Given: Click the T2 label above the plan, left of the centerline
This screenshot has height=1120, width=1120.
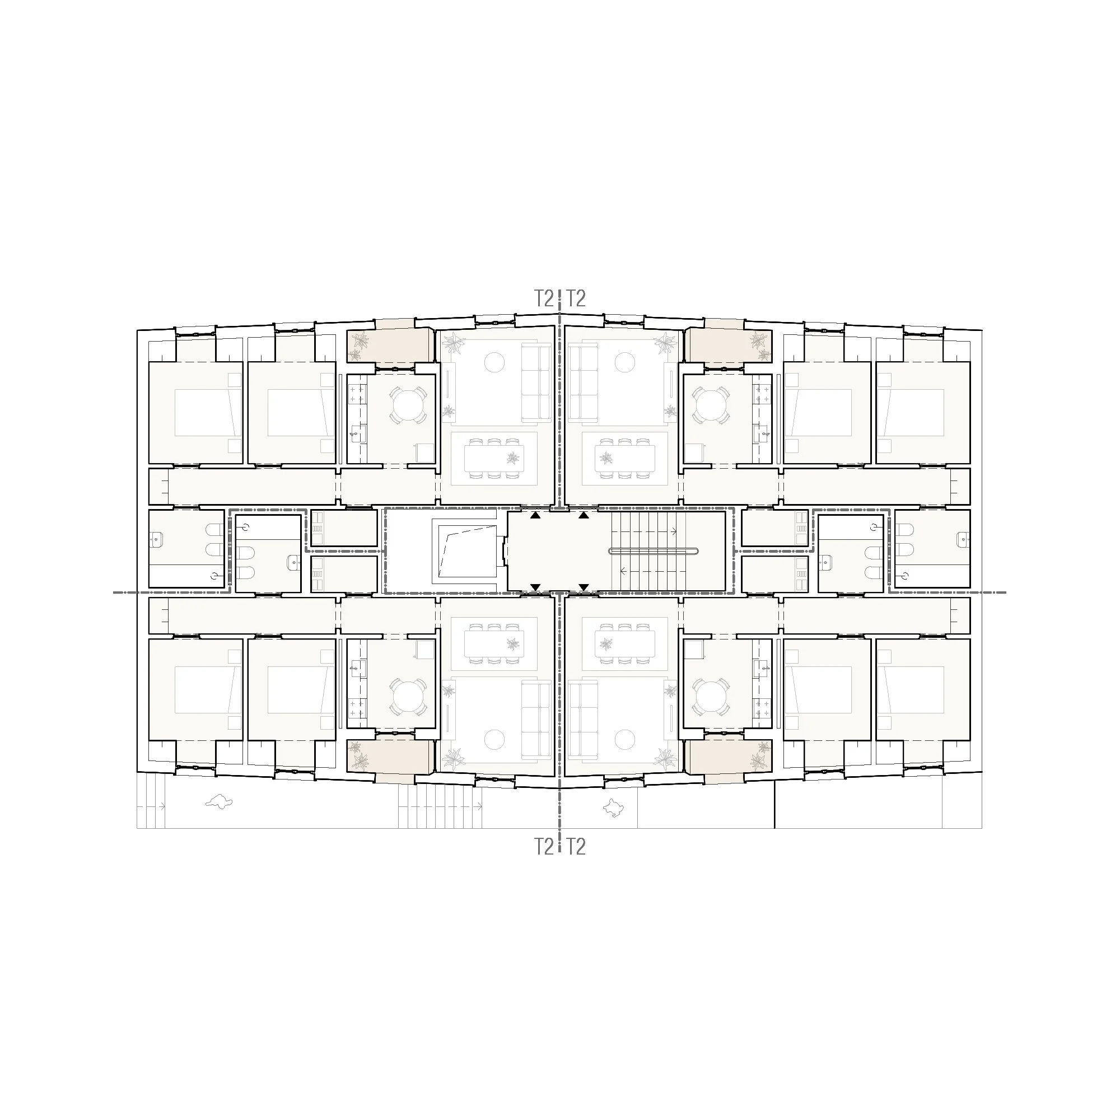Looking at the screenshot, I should click(543, 298).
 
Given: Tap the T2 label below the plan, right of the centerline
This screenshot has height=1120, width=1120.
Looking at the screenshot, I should click(576, 847).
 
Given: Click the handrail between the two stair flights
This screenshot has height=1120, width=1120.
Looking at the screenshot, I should click(654, 551).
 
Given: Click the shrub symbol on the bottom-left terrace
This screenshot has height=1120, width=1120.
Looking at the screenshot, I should click(219, 802).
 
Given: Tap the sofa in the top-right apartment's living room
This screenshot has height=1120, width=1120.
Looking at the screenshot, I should click(582, 382).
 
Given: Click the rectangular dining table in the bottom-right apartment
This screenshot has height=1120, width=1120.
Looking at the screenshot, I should click(625, 642).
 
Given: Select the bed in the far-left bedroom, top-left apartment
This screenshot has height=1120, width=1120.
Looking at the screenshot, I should click(202, 412).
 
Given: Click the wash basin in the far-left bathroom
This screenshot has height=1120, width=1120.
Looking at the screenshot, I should click(157, 539).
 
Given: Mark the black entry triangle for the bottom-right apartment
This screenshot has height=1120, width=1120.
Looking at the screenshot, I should click(584, 588).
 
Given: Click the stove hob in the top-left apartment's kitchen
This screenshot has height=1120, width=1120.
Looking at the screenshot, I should click(356, 394).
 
